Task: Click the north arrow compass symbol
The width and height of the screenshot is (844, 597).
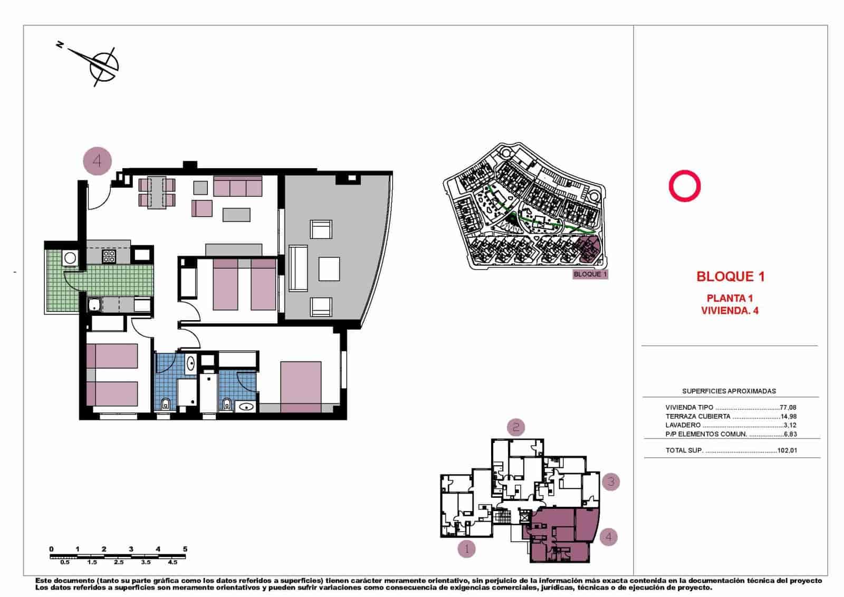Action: tap(102, 65)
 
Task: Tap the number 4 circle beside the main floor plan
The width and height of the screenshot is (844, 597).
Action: tap(98, 160)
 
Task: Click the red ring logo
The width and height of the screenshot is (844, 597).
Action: tap(684, 186)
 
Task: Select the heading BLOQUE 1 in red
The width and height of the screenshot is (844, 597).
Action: tap(730, 276)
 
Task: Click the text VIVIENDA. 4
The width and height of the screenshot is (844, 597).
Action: tap(730, 311)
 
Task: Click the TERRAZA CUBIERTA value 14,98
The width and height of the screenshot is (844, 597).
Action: tap(788, 417)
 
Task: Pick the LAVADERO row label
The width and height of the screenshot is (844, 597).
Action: tap(683, 425)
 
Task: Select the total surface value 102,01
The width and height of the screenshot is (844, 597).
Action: tap(787, 451)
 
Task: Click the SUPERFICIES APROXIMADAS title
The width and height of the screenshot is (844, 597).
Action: tap(729, 391)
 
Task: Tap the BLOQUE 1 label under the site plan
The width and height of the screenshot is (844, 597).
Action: tap(590, 274)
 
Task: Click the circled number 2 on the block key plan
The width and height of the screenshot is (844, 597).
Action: tap(516, 427)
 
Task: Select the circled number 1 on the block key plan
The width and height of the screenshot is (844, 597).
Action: tap(466, 549)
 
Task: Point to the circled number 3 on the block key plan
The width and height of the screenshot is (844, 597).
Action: tap(611, 482)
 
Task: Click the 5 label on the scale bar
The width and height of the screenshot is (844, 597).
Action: tap(185, 549)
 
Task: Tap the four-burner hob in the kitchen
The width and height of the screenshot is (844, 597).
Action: tap(109, 257)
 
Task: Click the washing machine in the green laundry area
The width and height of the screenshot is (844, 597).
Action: tap(70, 258)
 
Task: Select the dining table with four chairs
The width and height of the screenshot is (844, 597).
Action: tap(157, 192)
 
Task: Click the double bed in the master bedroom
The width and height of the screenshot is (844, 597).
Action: tap(301, 387)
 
